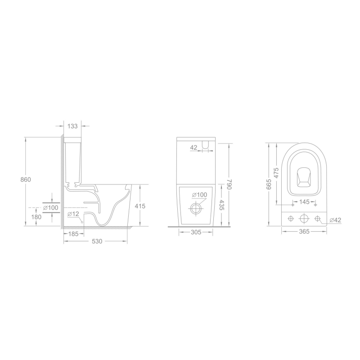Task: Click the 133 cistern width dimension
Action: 72,126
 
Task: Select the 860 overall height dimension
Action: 26,180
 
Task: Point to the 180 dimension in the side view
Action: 36,217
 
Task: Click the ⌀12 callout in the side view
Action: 73,214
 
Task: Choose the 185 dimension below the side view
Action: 73,234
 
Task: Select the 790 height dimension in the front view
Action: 229,184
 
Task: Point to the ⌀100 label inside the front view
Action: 199,195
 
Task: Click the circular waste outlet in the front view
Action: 196,209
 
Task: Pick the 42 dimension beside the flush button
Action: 194,147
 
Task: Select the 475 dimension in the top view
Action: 276,172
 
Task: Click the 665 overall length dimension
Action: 269,184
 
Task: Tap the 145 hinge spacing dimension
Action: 305,202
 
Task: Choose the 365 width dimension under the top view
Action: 305,232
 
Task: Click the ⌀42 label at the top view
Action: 335,220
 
